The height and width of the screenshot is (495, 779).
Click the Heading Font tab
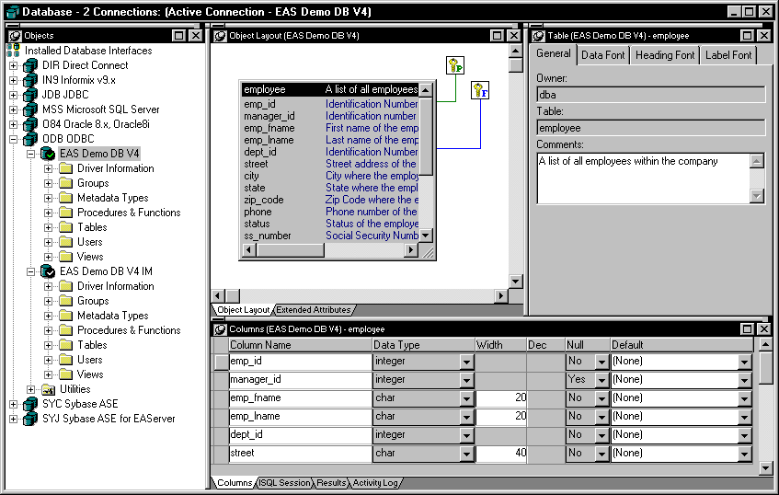(x=665, y=55)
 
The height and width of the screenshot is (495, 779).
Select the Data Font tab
(x=602, y=55)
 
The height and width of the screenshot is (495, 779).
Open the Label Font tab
(x=728, y=55)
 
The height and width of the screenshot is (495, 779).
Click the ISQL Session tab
(x=285, y=482)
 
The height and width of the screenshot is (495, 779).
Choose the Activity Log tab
(x=375, y=482)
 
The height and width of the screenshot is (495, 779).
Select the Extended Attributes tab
(x=314, y=310)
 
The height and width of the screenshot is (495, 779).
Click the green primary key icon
(x=455, y=65)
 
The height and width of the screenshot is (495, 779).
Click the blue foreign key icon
(x=480, y=90)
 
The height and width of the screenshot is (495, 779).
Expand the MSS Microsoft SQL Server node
(x=14, y=109)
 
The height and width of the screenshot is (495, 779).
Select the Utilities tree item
(x=75, y=389)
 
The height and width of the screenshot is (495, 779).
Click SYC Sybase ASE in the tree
(x=80, y=404)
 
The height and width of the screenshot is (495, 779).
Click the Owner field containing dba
(x=651, y=95)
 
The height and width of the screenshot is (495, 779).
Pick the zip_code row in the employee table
(x=264, y=200)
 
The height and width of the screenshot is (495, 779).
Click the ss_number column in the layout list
(x=268, y=236)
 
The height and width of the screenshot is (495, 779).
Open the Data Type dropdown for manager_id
(x=466, y=381)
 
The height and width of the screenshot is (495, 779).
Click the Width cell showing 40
(x=500, y=453)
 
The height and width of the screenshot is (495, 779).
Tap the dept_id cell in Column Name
(x=300, y=434)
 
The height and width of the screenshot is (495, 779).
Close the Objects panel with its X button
(x=196, y=35)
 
